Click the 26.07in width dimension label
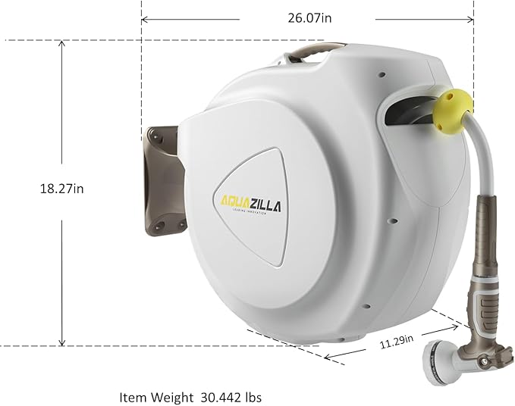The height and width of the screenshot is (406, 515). click(307, 19)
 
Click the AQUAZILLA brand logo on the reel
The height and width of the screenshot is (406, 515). click(251, 201)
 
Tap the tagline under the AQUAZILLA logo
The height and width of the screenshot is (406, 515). click(251, 213)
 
